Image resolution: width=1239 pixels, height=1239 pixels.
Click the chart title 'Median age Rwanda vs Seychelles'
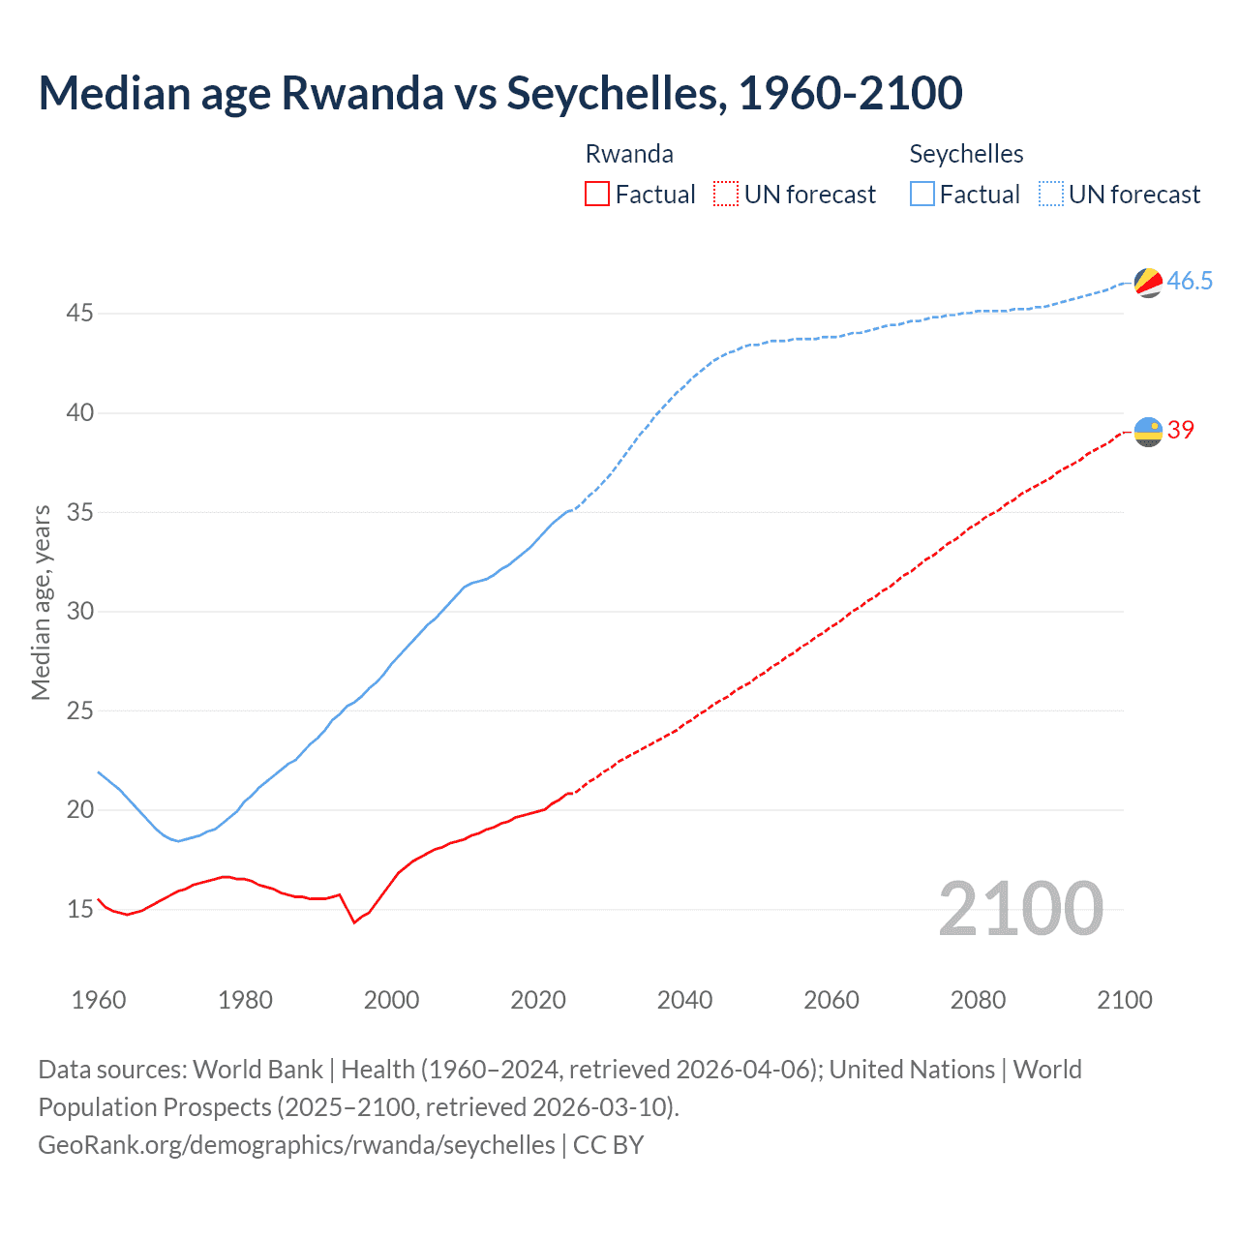(x=499, y=93)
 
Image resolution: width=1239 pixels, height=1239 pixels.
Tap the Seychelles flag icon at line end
(x=1148, y=282)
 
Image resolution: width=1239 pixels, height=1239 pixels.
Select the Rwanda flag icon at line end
(x=1148, y=431)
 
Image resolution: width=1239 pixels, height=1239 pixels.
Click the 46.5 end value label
(x=1190, y=282)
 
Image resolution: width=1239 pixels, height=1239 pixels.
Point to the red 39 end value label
(x=1181, y=430)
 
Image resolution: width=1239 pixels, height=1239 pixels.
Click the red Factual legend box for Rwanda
(x=597, y=195)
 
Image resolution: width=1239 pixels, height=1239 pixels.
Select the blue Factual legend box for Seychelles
(x=922, y=195)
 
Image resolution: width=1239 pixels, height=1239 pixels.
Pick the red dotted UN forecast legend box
(x=726, y=195)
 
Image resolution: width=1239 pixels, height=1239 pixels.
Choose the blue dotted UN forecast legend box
(x=1051, y=195)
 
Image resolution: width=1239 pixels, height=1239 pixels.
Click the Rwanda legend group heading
(x=629, y=154)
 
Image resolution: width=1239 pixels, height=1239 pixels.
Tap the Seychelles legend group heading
(x=966, y=154)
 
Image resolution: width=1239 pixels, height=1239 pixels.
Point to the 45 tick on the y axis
(x=79, y=314)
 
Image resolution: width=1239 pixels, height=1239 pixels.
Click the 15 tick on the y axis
(x=79, y=909)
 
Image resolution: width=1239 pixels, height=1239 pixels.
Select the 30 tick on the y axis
(x=79, y=611)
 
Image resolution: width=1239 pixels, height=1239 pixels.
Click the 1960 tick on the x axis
(x=99, y=1000)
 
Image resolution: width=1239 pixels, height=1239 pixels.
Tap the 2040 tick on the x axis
(x=684, y=1000)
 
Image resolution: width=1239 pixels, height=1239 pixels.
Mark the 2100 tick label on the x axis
(x=1124, y=1000)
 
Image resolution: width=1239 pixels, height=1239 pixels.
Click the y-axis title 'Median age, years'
(x=41, y=602)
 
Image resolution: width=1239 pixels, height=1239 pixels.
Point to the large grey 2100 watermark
(x=1020, y=908)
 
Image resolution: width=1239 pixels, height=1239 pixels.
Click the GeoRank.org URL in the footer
(x=296, y=1144)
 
